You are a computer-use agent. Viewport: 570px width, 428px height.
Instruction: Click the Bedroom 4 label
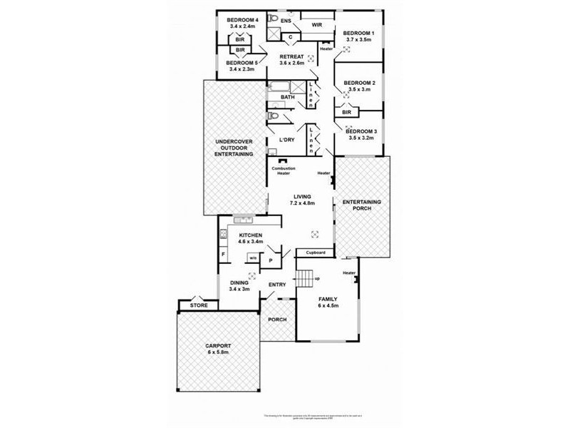coord(242,20)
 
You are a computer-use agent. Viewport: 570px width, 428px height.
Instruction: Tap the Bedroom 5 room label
coord(242,63)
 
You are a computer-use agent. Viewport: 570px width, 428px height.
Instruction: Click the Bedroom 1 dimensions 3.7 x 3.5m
coord(359,40)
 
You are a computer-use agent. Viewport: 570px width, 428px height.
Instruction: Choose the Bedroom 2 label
coord(358,83)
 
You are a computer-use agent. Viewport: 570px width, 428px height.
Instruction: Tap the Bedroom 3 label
coord(360,131)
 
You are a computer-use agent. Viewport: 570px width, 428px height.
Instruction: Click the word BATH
coord(287,97)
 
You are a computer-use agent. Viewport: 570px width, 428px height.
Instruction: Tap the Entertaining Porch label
coord(362,206)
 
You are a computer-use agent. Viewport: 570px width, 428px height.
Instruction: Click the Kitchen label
coord(251,236)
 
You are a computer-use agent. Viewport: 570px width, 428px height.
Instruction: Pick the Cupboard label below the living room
coord(316,253)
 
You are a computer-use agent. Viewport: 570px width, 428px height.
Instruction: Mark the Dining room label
coord(239,283)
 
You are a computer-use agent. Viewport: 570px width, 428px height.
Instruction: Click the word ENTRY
coord(277,286)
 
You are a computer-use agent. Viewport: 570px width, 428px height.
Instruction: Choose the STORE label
coord(199,306)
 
